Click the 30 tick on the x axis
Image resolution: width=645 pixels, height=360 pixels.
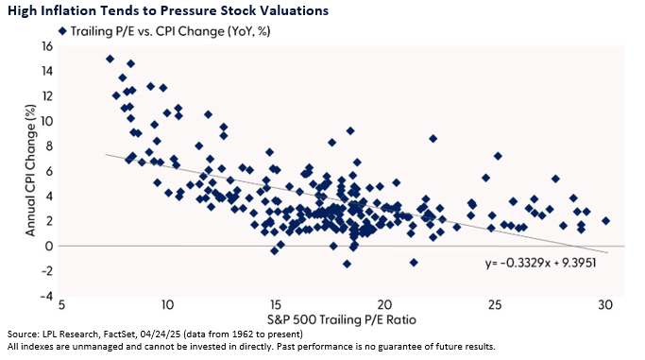(604, 305)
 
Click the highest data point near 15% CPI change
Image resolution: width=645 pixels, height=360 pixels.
(110, 59)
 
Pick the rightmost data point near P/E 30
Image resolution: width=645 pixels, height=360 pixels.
(605, 221)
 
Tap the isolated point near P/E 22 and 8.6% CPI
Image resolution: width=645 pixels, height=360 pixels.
(433, 139)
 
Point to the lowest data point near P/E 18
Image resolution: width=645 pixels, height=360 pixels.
(347, 264)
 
